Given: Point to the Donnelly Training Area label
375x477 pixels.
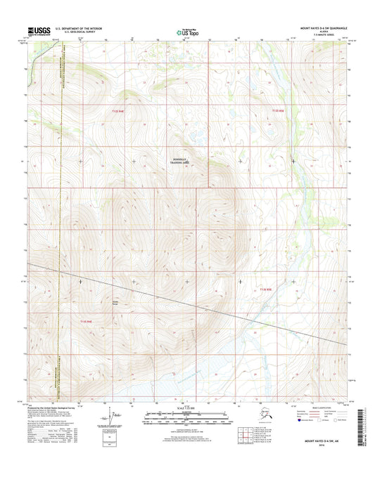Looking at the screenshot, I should coord(184,161).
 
